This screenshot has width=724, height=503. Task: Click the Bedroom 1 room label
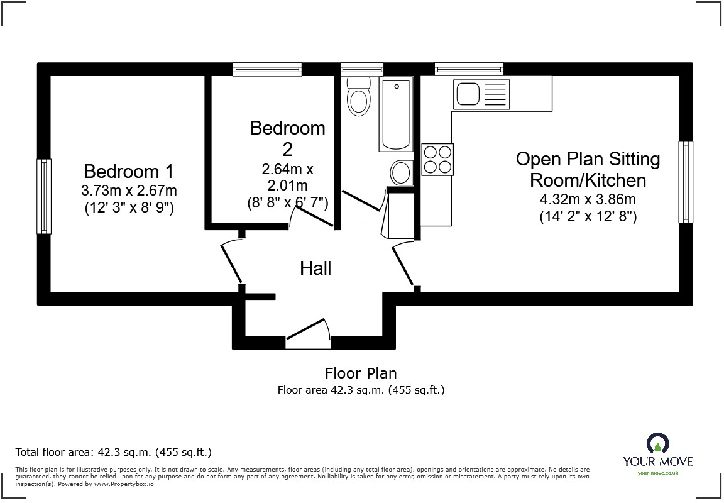(x=129, y=171)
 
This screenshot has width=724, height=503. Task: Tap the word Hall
(x=315, y=268)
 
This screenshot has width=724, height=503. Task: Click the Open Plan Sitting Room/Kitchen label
(x=588, y=170)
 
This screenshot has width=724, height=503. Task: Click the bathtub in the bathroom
(x=395, y=114)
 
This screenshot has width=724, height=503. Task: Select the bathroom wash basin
(x=401, y=172)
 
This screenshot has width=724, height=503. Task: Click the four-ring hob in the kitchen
(x=437, y=159)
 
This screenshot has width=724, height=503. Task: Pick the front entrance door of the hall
(x=309, y=331)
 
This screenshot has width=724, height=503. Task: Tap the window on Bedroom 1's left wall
(x=43, y=196)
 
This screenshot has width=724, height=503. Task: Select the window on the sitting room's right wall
(x=685, y=182)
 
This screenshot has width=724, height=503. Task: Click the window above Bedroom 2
(x=267, y=70)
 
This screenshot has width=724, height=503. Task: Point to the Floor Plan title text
(x=361, y=373)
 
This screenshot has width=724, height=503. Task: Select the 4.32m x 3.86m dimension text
(x=588, y=201)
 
